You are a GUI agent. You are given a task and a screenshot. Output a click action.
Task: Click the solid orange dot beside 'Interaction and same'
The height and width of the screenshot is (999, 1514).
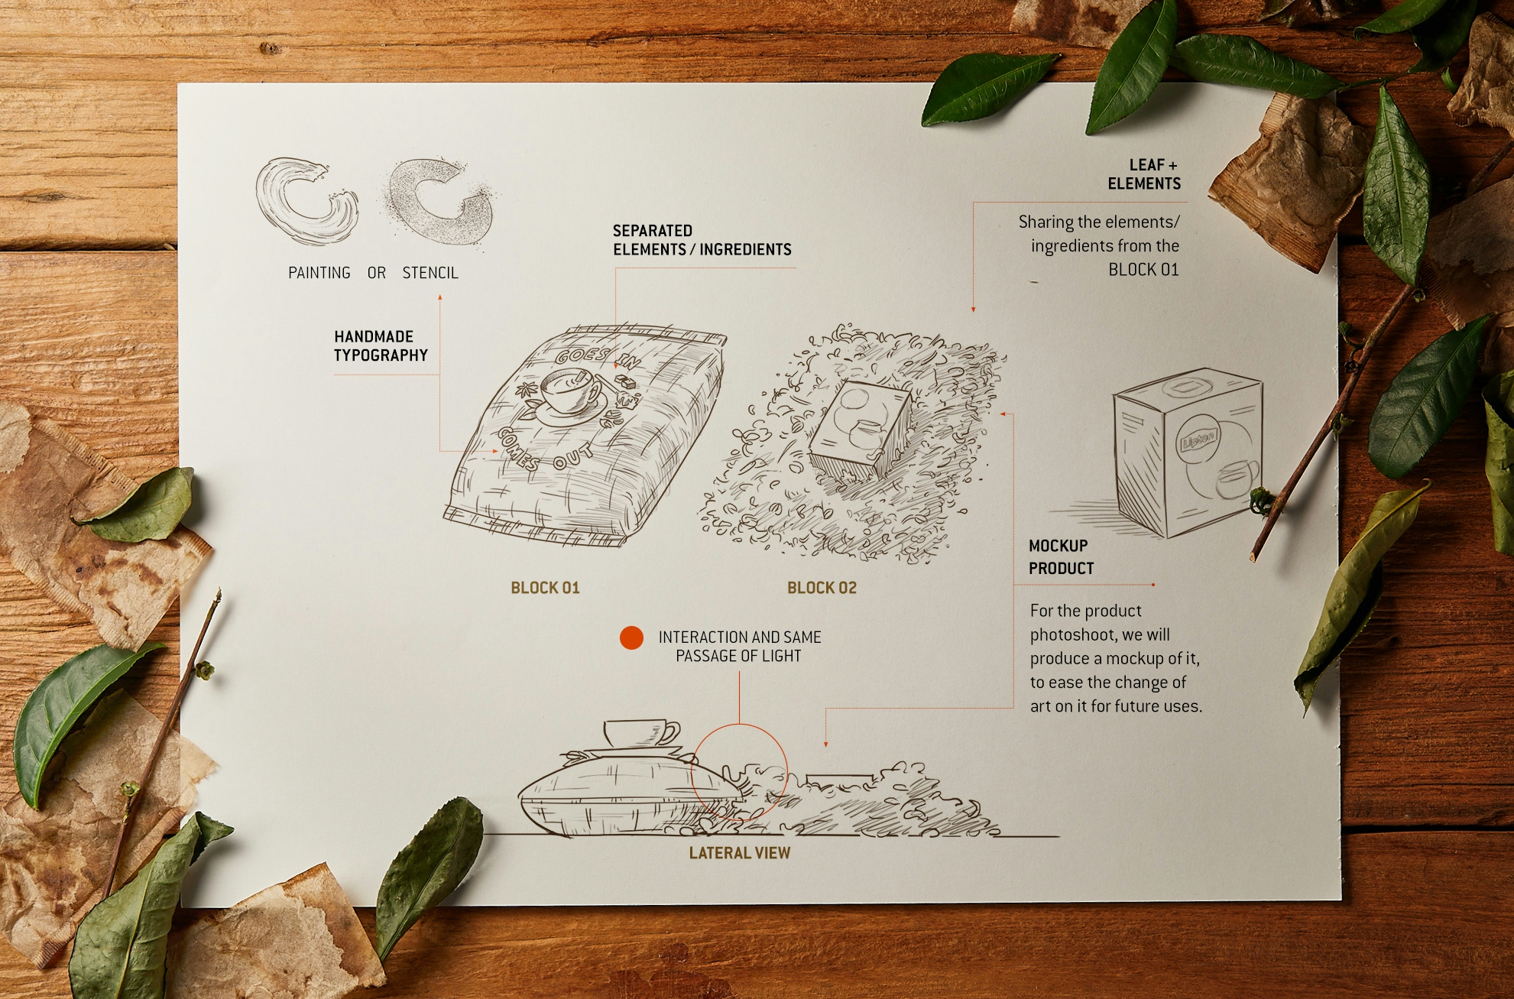[x=631, y=637]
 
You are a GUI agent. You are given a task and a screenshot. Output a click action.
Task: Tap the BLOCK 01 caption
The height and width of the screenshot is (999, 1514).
[x=545, y=588]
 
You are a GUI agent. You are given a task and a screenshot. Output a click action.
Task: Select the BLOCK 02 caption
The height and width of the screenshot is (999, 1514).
[x=822, y=588]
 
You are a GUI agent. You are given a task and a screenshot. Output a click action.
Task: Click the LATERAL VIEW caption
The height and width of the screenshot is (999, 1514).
[x=740, y=853]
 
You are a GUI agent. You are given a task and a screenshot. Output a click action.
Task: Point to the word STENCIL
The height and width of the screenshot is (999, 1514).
[x=430, y=273]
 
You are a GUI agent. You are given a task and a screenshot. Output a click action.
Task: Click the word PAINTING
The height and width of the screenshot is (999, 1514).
[x=319, y=273]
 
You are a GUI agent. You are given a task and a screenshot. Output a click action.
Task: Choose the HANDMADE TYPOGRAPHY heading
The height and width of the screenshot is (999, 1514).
[x=381, y=345]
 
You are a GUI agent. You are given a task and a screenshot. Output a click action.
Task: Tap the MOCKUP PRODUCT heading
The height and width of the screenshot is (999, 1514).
[x=1061, y=557]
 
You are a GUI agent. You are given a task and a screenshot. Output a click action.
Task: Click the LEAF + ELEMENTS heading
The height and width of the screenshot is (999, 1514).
[x=1144, y=174]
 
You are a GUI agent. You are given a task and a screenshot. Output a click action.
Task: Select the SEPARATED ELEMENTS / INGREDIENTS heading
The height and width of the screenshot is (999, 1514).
[x=702, y=240]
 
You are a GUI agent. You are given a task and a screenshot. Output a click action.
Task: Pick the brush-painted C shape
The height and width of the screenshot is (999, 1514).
[x=306, y=200]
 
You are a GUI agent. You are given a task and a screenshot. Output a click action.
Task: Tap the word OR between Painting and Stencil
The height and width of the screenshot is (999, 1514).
[x=377, y=273]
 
